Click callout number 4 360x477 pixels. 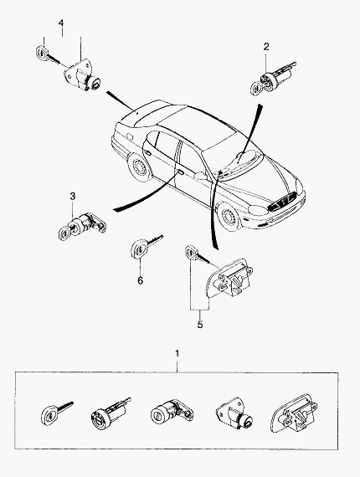61,23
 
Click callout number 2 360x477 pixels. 266,47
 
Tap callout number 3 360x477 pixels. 73,196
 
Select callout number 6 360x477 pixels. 140,280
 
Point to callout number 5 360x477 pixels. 199,325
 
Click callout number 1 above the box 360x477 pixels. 177,353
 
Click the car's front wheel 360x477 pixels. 229,217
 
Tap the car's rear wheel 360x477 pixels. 141,167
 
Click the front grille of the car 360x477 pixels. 282,202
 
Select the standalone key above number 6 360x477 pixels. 146,246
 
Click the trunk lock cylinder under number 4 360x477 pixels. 82,75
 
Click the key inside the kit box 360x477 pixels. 57,413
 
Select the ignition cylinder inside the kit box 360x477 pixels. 111,413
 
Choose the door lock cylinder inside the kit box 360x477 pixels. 172,411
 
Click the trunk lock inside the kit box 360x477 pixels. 234,413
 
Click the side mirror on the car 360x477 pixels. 200,176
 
